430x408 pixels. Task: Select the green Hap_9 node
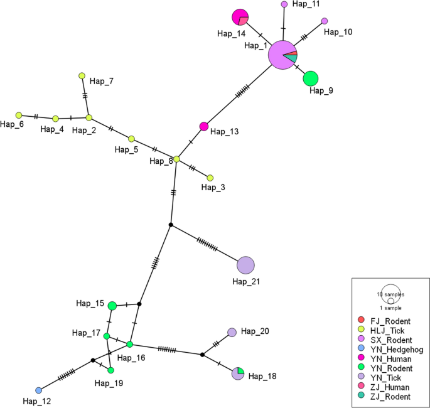click(x=310, y=79)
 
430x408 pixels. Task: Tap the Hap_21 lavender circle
click(x=245, y=265)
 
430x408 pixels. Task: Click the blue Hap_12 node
click(x=39, y=390)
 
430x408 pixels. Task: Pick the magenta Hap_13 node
click(x=203, y=126)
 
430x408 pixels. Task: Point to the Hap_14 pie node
click(x=240, y=18)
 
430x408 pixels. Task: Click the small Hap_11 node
click(x=284, y=4)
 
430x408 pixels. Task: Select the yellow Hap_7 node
click(x=82, y=76)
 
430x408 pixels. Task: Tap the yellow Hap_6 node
click(x=19, y=115)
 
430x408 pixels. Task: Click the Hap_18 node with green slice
click(x=238, y=373)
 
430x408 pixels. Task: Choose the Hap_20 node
click(x=232, y=332)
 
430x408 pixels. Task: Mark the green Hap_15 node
click(x=112, y=306)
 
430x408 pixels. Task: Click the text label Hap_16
click(x=131, y=358)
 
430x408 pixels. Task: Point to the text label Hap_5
click(x=126, y=149)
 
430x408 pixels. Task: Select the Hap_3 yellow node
click(x=210, y=178)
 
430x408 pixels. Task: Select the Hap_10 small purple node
click(x=325, y=21)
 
